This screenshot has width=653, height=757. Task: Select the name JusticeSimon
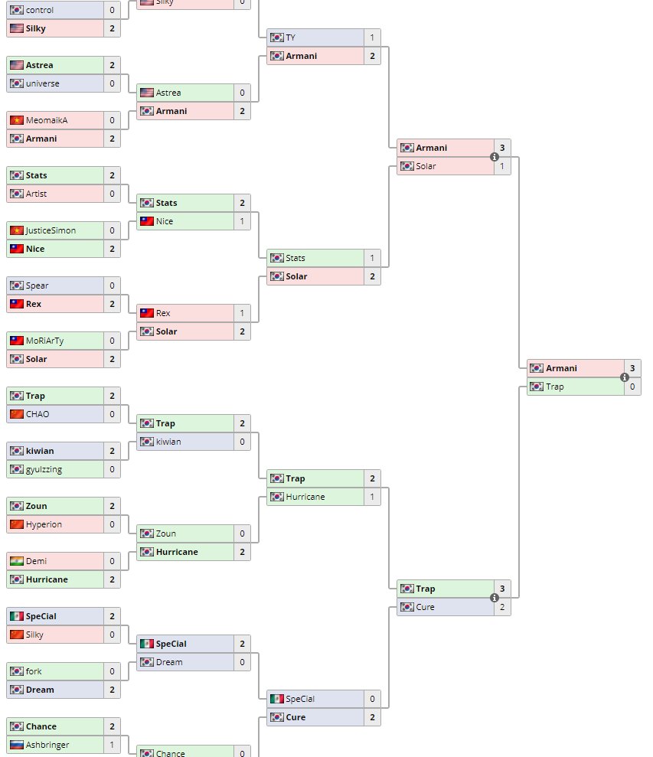click(x=51, y=230)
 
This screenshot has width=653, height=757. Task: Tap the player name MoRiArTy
click(x=46, y=341)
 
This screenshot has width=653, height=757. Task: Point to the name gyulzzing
click(x=44, y=469)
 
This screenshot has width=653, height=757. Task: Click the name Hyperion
click(x=44, y=524)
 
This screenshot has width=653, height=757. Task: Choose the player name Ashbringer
click(x=47, y=745)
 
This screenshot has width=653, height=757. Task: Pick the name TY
click(x=290, y=38)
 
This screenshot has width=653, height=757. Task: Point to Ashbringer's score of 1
click(x=112, y=745)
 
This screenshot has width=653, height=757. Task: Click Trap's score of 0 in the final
click(x=632, y=387)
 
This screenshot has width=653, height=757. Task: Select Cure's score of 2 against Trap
click(x=502, y=607)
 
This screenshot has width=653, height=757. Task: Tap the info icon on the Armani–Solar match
click(x=495, y=157)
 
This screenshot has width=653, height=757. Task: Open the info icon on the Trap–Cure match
click(x=495, y=598)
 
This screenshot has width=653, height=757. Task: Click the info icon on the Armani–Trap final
click(x=625, y=377)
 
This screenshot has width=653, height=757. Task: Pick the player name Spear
click(x=37, y=286)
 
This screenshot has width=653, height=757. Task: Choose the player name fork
click(x=34, y=671)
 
